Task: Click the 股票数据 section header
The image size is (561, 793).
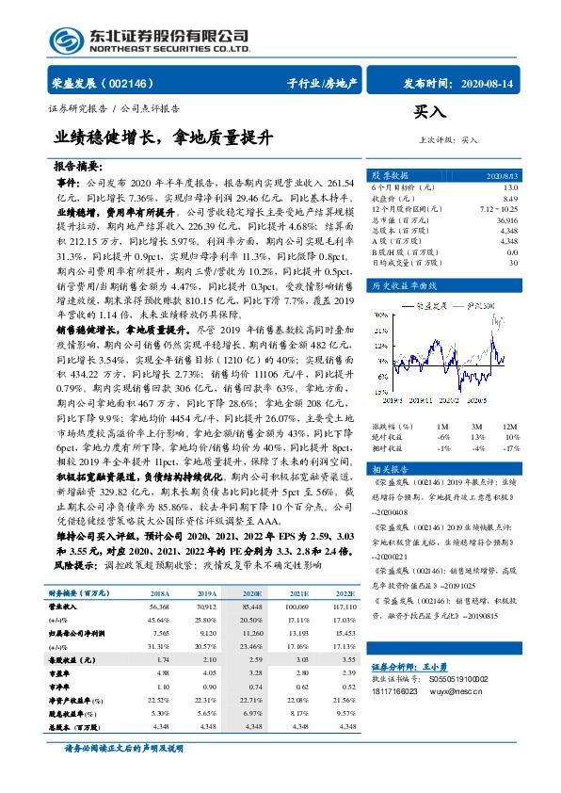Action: (389, 176)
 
